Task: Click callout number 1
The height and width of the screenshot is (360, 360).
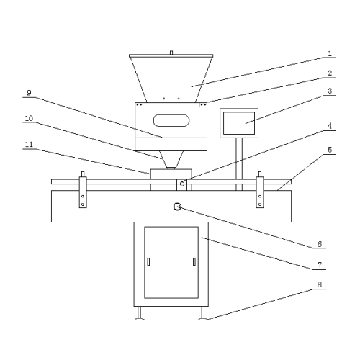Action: point(330,53)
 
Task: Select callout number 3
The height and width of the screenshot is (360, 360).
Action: point(330,91)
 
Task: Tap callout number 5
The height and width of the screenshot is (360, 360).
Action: point(330,150)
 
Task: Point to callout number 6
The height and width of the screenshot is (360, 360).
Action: point(320,244)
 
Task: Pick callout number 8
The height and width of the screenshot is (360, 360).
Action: point(320,284)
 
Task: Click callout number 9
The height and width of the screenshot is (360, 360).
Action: point(29,93)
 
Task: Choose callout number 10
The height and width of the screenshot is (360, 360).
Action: point(29,118)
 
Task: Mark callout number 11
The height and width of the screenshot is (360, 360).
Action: point(29,145)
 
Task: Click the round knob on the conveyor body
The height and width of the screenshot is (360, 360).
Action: point(177,207)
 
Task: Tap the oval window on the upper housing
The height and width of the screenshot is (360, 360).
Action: point(171,120)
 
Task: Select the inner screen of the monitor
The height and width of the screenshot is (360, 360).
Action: point(239,123)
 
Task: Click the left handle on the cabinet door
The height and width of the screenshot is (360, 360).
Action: point(148,261)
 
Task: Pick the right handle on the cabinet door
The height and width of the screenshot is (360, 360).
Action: point(194,261)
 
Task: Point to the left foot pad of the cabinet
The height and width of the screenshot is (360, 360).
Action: point(140,319)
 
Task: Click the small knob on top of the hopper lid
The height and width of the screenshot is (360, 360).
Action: point(171,53)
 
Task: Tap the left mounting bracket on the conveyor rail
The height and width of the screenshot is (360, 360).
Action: point(83,192)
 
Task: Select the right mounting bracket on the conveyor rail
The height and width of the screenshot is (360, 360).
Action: point(260,192)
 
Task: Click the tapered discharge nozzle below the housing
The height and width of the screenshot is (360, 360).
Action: point(171,160)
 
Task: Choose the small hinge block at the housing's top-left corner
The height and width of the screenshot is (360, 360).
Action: point(139,105)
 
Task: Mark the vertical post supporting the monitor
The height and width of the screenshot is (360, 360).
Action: point(239,164)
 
